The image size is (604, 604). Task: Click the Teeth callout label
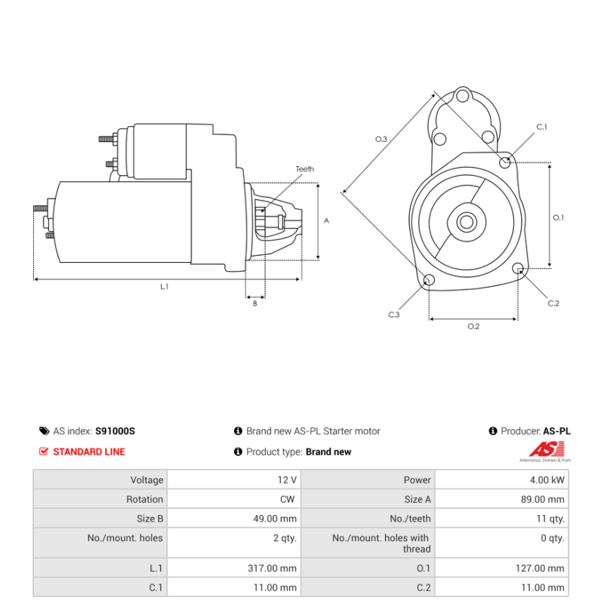point(304,169)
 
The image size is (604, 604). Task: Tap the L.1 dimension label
point(165,286)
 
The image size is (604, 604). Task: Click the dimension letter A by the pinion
point(326,220)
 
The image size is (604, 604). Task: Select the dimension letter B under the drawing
point(254,304)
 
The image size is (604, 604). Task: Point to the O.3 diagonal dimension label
point(381,139)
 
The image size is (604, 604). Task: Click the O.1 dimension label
point(559,217)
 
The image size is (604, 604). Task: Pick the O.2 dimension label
point(473,326)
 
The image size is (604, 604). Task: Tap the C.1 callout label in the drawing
point(541,127)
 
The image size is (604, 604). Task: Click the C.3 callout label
point(393,314)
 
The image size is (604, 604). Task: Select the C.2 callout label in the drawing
point(553,303)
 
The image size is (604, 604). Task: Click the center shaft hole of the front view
point(466,222)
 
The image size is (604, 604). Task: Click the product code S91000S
point(115,431)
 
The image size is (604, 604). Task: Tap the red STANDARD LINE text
point(89,451)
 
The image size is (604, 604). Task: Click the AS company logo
point(549,451)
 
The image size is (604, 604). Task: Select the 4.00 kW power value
point(547,479)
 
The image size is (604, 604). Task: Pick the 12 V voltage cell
point(287,479)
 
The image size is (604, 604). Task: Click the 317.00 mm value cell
point(273,568)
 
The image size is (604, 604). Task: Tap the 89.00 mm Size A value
point(544,499)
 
